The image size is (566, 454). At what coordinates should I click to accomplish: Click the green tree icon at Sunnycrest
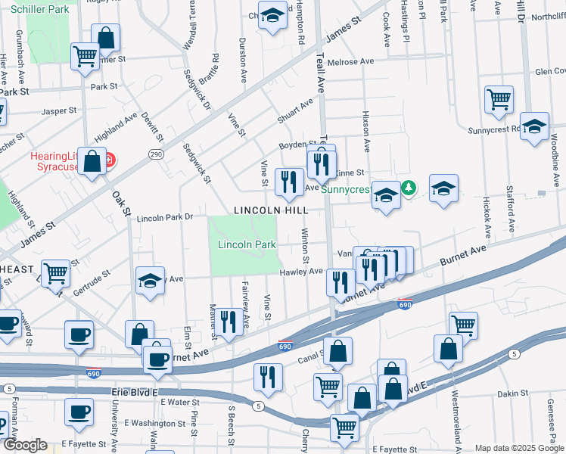click(x=409, y=186)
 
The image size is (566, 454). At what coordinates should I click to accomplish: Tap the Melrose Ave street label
click(x=350, y=61)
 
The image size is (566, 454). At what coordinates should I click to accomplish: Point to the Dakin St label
click(x=512, y=393)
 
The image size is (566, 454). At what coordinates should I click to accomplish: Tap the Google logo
click(x=25, y=445)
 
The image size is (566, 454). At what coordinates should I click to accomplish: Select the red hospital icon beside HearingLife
click(x=109, y=160)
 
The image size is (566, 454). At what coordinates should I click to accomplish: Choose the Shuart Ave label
click(x=295, y=110)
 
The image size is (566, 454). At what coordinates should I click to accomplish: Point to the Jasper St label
click(x=60, y=110)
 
